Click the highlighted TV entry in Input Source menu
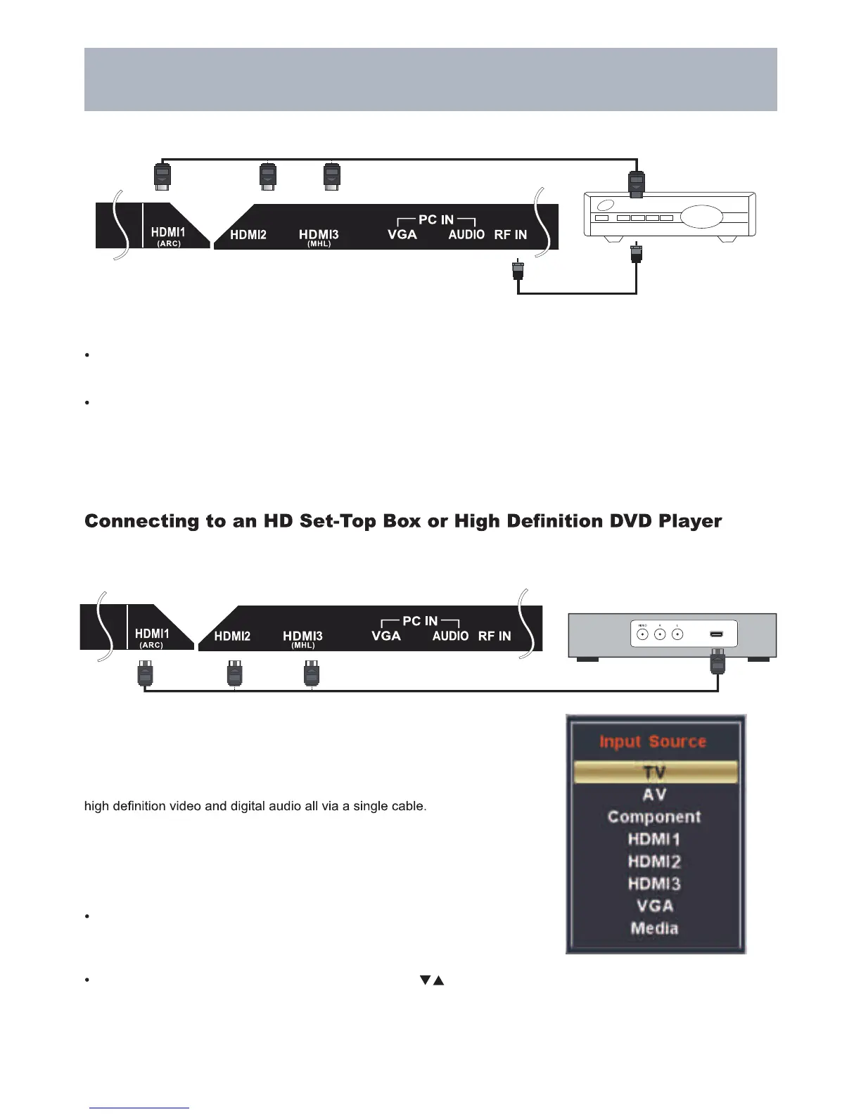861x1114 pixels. (655, 772)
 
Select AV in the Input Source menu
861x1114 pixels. (654, 795)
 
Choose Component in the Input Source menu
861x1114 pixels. (654, 817)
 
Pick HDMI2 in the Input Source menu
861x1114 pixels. (654, 862)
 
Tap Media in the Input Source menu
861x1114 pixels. (654, 928)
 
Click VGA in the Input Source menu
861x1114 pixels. (654, 906)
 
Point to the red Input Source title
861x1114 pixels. (652, 741)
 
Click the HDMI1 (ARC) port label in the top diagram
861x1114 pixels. (168, 236)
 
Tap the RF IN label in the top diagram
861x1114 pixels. (510, 235)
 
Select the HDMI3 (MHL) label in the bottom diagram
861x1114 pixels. (302, 639)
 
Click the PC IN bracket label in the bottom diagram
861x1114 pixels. (420, 621)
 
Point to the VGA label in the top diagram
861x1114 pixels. (402, 235)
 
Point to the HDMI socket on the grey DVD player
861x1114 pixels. (716, 635)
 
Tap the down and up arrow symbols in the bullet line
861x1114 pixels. (432, 980)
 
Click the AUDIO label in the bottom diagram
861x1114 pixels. (450, 636)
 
